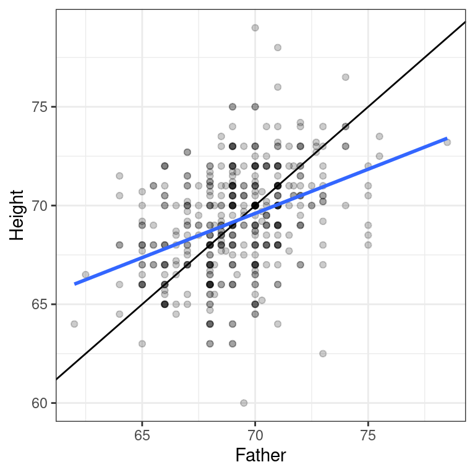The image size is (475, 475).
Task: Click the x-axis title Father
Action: coord(260,456)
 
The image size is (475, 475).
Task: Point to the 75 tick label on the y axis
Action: coord(40,106)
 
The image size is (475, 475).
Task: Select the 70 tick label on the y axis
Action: coord(40,205)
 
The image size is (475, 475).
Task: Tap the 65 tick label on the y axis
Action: coord(40,304)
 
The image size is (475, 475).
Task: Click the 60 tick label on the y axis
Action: coord(40,403)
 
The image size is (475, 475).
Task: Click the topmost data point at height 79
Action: coord(255,28)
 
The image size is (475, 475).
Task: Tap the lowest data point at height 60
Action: coord(244,403)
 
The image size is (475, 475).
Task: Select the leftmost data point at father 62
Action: coord(74,324)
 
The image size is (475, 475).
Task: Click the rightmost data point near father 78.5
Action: coord(447,142)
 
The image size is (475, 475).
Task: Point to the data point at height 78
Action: coord(278,48)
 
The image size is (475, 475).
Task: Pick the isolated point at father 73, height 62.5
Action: coord(323,354)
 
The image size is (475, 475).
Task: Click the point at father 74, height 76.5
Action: coord(345,77)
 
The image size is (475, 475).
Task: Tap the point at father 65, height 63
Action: coord(142,344)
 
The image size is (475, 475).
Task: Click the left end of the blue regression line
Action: coord(75,283)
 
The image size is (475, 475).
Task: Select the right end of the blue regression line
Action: coord(447,139)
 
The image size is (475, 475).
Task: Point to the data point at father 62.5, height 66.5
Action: coord(85,275)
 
